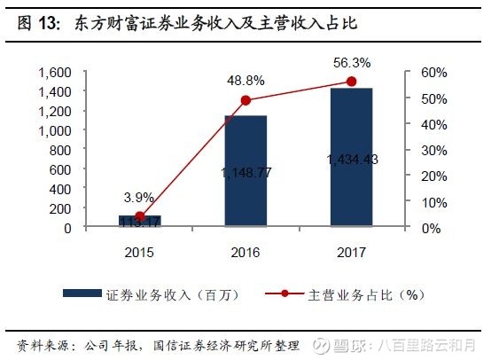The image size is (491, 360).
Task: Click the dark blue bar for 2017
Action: click(350, 158)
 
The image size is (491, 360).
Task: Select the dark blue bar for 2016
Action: click(245, 171)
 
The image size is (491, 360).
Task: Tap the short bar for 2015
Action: click(139, 221)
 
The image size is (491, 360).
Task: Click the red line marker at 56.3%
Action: click(351, 82)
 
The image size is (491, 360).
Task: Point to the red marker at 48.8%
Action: click(245, 100)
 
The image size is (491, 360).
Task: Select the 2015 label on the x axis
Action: click(139, 252)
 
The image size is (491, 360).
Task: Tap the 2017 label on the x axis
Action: click(350, 252)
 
